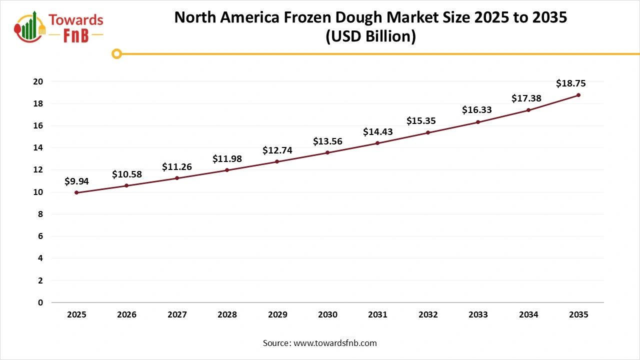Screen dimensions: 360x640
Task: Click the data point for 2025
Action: (76, 192)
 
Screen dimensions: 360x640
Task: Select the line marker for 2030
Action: (327, 152)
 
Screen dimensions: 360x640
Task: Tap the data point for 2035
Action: (578, 95)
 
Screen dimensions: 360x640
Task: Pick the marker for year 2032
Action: (428, 132)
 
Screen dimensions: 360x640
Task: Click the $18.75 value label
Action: (570, 83)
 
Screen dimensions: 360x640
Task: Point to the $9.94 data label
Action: (76, 181)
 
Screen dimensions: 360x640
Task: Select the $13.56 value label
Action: (327, 141)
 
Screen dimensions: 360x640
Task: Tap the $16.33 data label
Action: (476, 110)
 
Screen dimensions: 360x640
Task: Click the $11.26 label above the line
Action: (176, 167)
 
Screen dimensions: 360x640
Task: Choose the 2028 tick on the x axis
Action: (227, 315)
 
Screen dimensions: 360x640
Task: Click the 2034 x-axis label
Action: (528, 315)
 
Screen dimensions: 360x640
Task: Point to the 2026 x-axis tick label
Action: (126, 315)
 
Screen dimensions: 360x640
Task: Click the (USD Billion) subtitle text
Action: (370, 37)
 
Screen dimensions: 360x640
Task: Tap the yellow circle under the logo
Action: (116, 53)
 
